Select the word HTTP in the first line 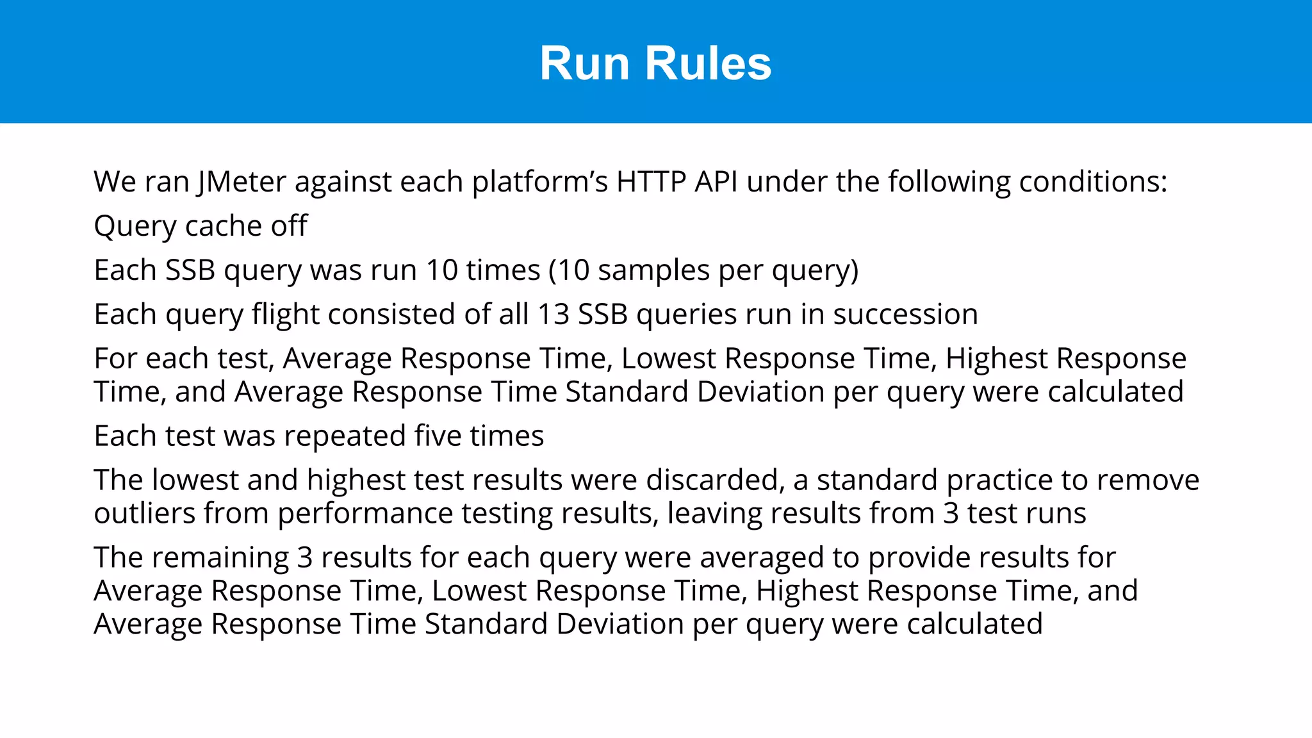pos(652,182)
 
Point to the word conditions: pos(1093,182)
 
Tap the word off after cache pos(289,226)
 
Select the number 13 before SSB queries pos(553,315)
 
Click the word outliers pos(144,514)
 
